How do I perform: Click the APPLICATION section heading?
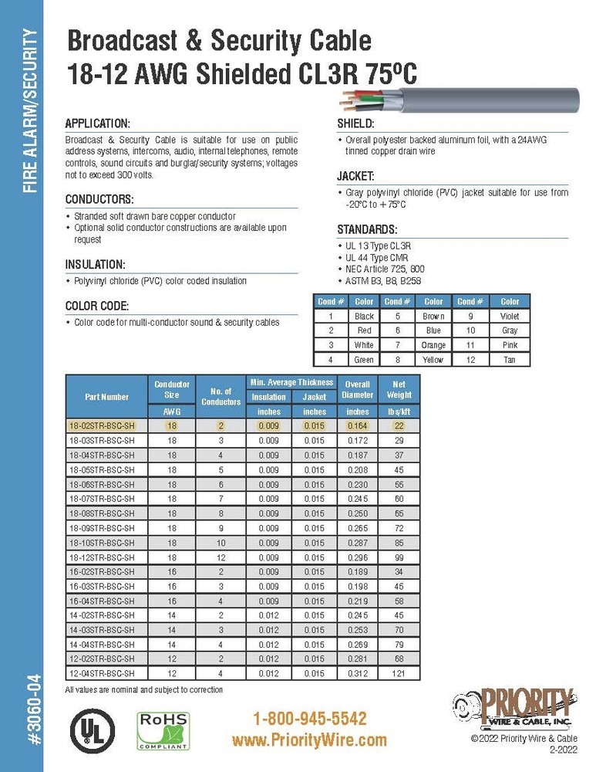point(98,124)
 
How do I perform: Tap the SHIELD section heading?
point(356,124)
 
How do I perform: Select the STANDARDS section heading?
point(368,230)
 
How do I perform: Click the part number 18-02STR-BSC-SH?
point(102,426)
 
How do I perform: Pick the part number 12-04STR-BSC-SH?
point(102,673)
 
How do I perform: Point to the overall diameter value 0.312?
point(358,673)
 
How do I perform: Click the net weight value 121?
point(399,673)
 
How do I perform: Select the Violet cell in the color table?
point(510,316)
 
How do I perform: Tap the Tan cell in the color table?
point(510,360)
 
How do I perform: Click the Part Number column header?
point(106,397)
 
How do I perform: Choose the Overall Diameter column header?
point(358,389)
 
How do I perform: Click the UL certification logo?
point(92,728)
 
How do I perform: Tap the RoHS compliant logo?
point(163,730)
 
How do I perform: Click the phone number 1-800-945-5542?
point(309,719)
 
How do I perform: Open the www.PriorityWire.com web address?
point(309,740)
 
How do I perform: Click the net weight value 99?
point(399,557)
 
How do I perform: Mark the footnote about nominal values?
point(144,689)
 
